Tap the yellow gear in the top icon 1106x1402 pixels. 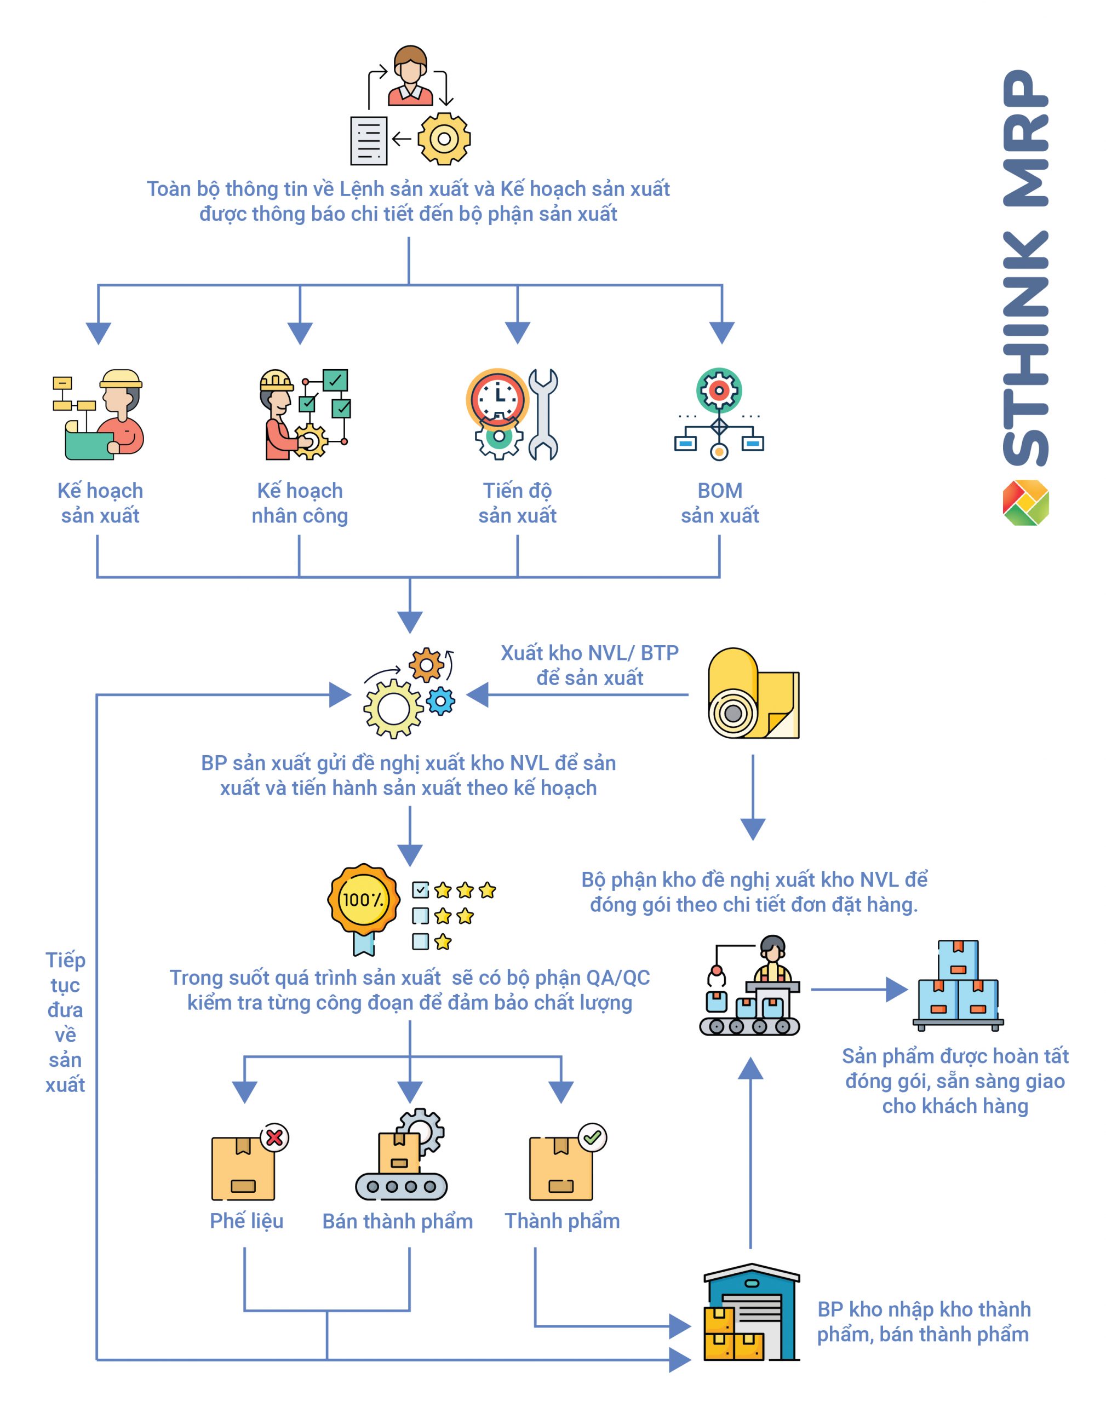pos(444,139)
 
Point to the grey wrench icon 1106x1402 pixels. pos(543,414)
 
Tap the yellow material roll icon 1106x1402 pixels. pos(753,694)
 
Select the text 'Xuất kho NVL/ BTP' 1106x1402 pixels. pos(589,653)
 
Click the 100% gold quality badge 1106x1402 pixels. pos(363,900)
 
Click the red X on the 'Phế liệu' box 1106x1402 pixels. pos(274,1137)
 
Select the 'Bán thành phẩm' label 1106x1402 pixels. pos(398,1221)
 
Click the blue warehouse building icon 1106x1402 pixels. pos(752,1312)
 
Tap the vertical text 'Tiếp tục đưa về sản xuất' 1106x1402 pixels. pos(65,1022)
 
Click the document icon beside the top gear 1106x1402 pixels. pos(369,140)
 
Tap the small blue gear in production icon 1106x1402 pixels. pos(441,700)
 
